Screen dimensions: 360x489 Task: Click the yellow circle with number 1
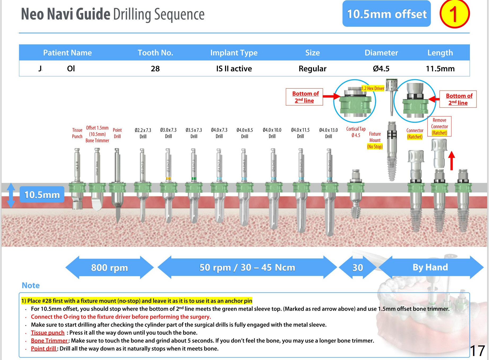click(454, 14)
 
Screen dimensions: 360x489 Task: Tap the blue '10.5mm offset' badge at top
click(386, 14)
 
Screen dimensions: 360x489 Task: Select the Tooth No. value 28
click(155, 69)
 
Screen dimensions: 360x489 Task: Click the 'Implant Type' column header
click(234, 53)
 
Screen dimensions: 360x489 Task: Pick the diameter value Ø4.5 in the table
click(381, 69)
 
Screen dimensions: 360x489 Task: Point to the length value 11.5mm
click(440, 69)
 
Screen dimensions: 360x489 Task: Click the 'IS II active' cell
click(234, 69)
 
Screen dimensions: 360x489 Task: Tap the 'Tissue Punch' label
click(77, 133)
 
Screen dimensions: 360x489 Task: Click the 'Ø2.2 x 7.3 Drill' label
click(143, 133)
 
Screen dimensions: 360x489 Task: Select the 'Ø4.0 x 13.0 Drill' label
click(328, 133)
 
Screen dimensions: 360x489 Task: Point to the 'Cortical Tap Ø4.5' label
click(356, 132)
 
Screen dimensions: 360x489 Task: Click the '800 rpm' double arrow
click(109, 267)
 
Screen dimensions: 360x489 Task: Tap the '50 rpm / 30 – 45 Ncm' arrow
click(247, 267)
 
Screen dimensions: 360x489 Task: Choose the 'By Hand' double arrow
click(430, 267)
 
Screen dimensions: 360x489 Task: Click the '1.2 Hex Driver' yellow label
click(373, 89)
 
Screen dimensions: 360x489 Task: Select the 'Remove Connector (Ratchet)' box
click(439, 126)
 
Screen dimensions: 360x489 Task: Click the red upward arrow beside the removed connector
click(452, 160)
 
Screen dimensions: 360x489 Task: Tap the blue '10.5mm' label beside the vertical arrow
click(42, 195)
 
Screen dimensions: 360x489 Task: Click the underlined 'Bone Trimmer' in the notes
click(49, 341)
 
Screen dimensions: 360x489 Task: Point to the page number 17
click(477, 351)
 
